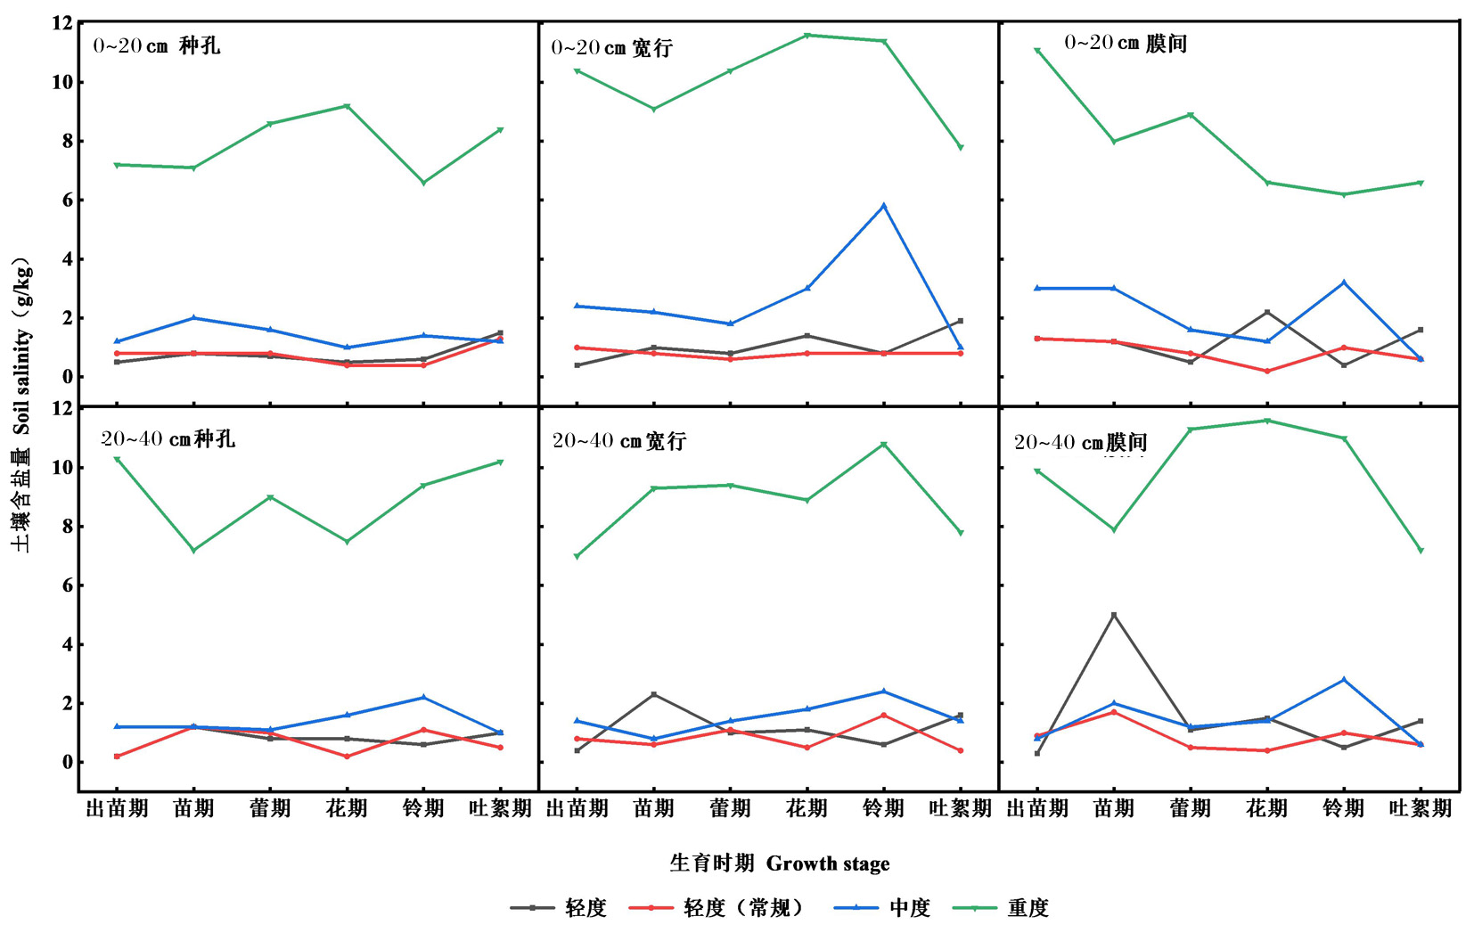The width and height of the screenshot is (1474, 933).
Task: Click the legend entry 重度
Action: [1027, 908]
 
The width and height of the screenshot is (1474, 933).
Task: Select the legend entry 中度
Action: [909, 908]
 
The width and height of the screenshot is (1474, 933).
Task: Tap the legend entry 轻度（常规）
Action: [743, 908]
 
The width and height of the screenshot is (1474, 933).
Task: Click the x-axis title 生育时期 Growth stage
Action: [779, 863]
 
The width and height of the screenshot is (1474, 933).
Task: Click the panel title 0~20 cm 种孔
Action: [157, 45]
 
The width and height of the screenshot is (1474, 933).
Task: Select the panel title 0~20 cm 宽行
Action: [611, 48]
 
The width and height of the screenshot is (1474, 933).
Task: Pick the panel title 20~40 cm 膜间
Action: [1080, 442]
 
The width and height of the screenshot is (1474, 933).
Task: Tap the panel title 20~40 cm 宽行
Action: [619, 440]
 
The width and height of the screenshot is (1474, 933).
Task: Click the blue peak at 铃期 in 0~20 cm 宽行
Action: [883, 206]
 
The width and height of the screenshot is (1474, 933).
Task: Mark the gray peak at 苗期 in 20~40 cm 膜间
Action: [1113, 615]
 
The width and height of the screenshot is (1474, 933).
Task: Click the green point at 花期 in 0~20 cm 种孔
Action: [347, 106]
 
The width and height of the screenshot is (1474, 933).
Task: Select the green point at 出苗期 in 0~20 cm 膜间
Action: [1036, 51]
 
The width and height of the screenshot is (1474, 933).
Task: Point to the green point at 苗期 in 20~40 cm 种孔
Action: [193, 551]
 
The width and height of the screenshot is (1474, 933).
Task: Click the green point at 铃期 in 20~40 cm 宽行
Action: [883, 445]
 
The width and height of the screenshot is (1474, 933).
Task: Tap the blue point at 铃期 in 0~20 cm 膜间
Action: [1343, 282]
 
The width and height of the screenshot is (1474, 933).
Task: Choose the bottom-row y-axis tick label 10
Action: [61, 467]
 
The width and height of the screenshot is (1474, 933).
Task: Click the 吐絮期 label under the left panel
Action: [500, 808]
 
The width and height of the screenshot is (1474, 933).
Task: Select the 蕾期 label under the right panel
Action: [1190, 808]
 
